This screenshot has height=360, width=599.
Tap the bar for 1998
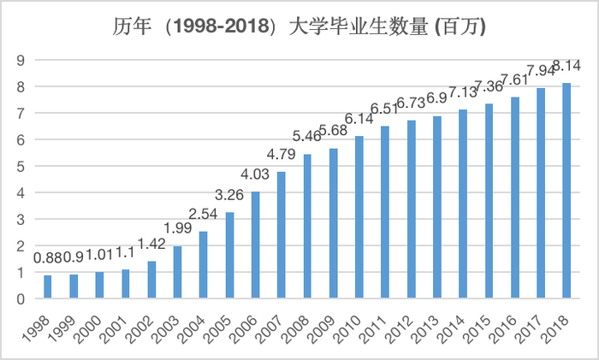pyautogui.click(x=48, y=286)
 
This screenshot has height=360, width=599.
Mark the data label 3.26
pyautogui.click(x=229, y=196)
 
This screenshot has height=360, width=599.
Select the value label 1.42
pyautogui.click(x=151, y=245)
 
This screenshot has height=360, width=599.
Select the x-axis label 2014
pyautogui.click(x=453, y=329)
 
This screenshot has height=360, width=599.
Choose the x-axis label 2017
pyautogui.click(x=531, y=329)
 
